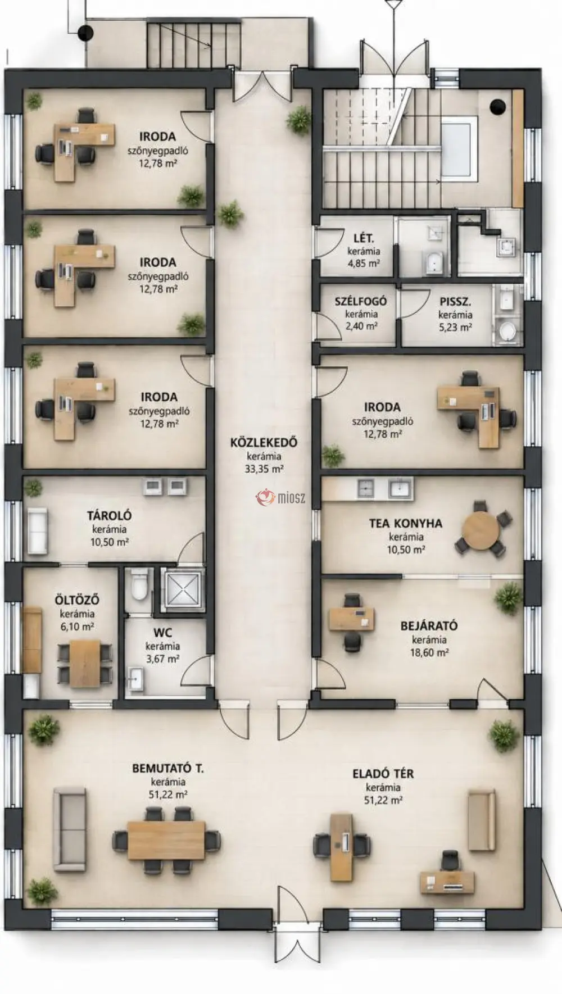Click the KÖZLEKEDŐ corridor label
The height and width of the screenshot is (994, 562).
click(264, 442)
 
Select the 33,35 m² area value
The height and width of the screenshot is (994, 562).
click(264, 469)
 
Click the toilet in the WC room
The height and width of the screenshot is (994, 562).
click(138, 584)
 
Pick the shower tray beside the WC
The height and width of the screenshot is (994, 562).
click(181, 588)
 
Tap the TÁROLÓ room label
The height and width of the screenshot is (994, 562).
click(109, 515)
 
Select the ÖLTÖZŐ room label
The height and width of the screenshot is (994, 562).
click(77, 600)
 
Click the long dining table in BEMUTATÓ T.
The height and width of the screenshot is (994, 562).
click(166, 841)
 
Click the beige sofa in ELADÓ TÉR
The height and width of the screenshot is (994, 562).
click(482, 820)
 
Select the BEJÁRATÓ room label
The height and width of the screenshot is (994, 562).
click(429, 625)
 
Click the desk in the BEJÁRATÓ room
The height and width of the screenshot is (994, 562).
click(351, 619)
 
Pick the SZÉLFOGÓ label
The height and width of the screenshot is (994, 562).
click(361, 302)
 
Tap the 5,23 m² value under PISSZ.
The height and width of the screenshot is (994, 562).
click(455, 328)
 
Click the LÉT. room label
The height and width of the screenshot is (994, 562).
click(364, 238)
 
